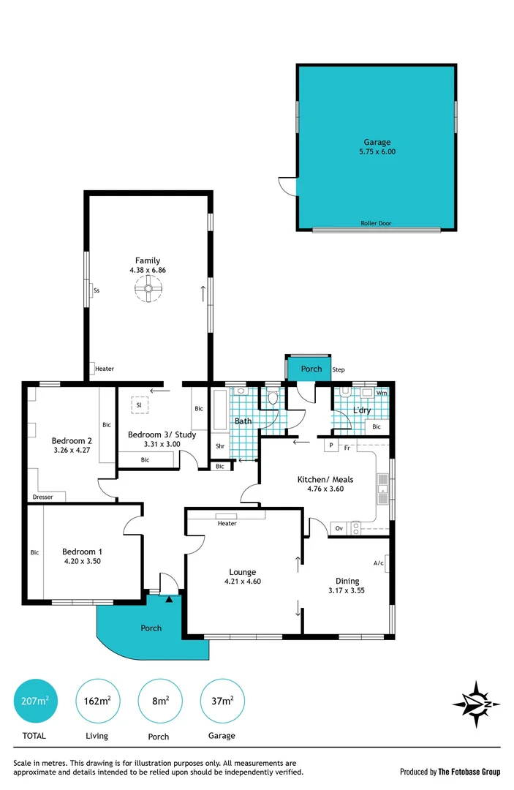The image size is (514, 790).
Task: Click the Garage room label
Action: pos(377,142)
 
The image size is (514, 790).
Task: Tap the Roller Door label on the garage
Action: pos(376,224)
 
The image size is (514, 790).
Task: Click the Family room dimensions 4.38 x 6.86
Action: pos(148,270)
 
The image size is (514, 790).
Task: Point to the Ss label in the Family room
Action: pos(97,290)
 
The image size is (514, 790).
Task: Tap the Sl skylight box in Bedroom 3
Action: pos(139,405)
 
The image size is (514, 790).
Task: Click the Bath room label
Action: pos(243,421)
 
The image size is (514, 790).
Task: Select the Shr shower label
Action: pos(219,445)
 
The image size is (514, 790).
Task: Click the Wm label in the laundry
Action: pos(380,393)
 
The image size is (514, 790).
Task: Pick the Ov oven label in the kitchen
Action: pos(339,527)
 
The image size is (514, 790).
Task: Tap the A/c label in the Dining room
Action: pos(378,563)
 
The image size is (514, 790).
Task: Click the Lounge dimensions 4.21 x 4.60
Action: pos(243,582)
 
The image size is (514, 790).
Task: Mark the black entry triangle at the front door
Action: pos(170,599)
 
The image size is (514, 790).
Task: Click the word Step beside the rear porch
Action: pos(339,370)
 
